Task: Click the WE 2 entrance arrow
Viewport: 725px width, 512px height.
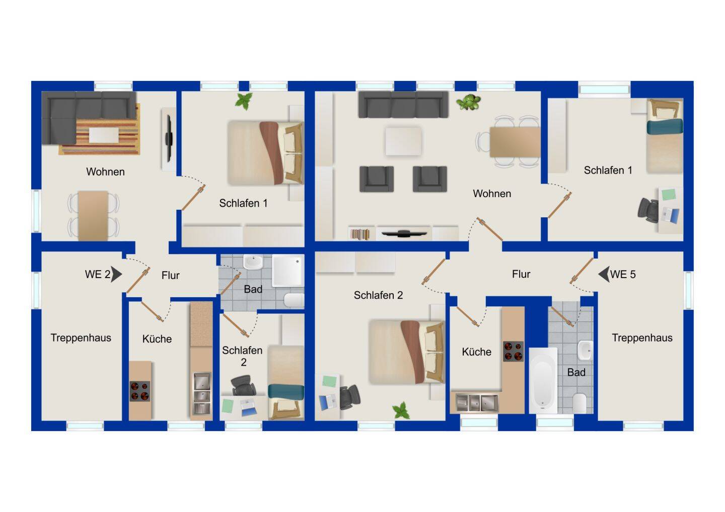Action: pos(116,275)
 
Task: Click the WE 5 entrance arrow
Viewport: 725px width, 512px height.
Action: pos(604,274)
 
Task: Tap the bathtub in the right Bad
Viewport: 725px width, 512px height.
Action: pos(543,380)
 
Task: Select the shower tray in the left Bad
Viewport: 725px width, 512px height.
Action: pos(288,271)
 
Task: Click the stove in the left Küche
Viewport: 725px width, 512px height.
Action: pos(140,391)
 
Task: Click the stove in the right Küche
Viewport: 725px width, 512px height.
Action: pos(513,351)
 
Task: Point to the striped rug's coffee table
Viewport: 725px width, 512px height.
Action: pos(104,135)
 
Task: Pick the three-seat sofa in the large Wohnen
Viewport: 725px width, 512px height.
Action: pos(403,104)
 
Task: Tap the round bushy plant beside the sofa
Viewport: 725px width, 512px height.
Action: pos(468,102)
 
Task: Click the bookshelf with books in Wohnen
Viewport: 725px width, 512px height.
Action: pos(360,234)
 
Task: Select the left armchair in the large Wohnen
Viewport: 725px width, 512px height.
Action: pos(377,179)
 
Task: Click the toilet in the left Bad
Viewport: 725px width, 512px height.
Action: pos(294,300)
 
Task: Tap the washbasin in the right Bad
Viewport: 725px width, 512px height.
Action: pos(586,351)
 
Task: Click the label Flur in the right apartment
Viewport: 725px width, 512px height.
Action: pos(521,274)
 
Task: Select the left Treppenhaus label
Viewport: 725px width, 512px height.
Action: pos(81,338)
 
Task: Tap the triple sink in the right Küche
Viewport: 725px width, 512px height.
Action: pos(477,403)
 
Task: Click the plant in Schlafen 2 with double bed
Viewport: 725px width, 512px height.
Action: pos(401,410)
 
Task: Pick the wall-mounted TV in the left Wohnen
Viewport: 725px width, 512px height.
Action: pos(169,138)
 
